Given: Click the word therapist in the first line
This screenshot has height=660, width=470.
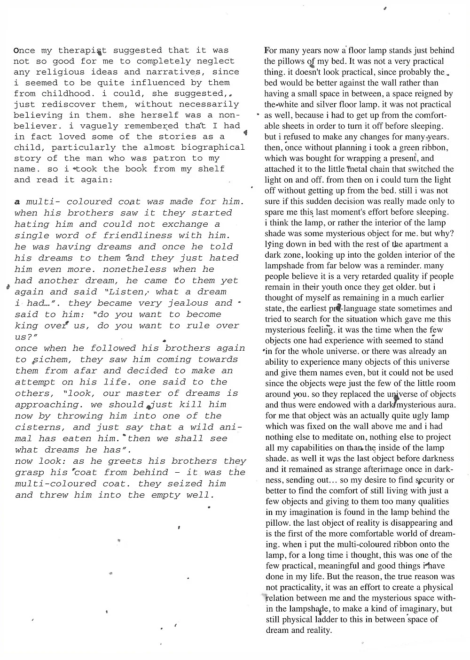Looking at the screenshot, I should pyautogui.click(x=83, y=50).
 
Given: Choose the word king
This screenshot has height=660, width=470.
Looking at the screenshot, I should pyautogui.click(x=26, y=326).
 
